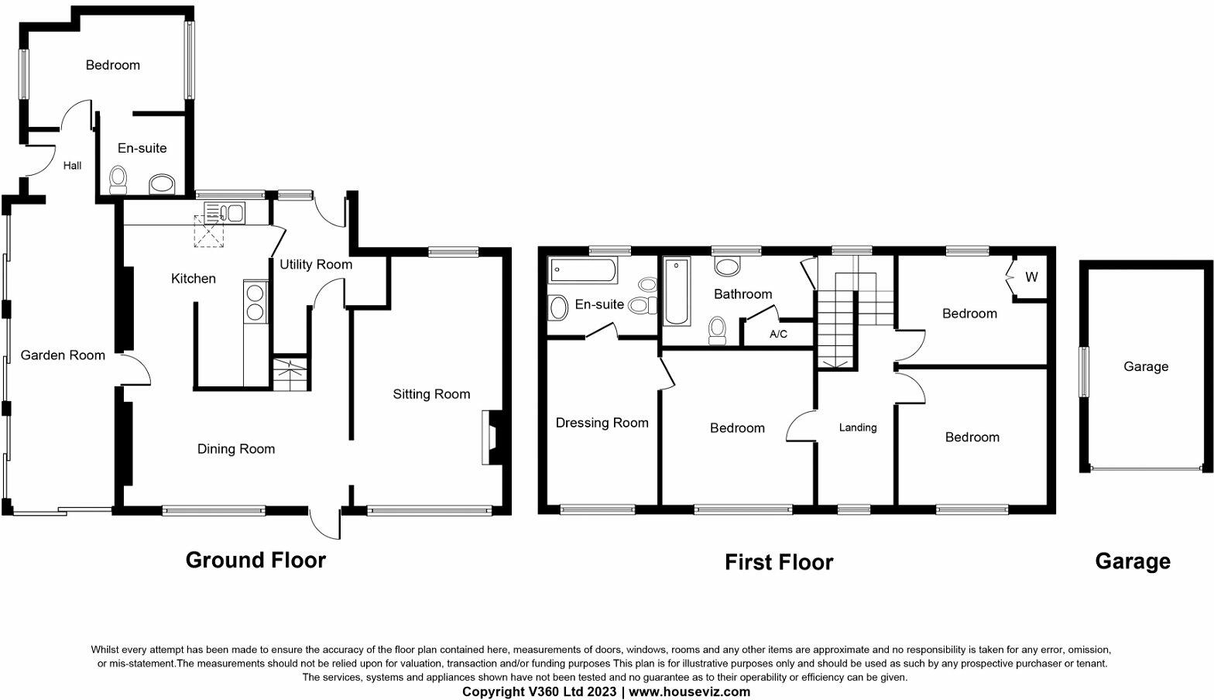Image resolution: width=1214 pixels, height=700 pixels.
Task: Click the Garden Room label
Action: point(63,355)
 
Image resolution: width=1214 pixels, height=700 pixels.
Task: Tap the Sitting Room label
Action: point(431,394)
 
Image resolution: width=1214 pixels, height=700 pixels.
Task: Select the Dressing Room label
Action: point(602,423)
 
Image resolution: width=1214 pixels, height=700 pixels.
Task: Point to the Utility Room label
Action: point(316,264)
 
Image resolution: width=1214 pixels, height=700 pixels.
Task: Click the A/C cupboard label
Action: point(778,335)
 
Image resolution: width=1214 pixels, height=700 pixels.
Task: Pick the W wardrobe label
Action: point(1031,277)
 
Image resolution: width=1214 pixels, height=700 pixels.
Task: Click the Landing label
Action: point(858,427)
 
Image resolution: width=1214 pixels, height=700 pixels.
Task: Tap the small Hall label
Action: point(72,166)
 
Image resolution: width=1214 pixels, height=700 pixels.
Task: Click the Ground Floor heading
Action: point(255,560)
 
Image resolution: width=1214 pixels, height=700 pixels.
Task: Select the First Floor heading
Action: point(778,562)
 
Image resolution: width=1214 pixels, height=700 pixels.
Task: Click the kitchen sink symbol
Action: point(225,213)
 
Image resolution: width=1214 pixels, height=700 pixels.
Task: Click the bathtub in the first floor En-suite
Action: point(583,271)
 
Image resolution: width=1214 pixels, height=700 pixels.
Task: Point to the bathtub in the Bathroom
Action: point(677,291)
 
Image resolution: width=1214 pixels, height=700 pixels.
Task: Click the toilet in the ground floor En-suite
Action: point(118,180)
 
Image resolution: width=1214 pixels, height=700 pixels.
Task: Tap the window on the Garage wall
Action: point(1084,372)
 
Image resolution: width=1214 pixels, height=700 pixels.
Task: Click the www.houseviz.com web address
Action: point(689,691)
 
